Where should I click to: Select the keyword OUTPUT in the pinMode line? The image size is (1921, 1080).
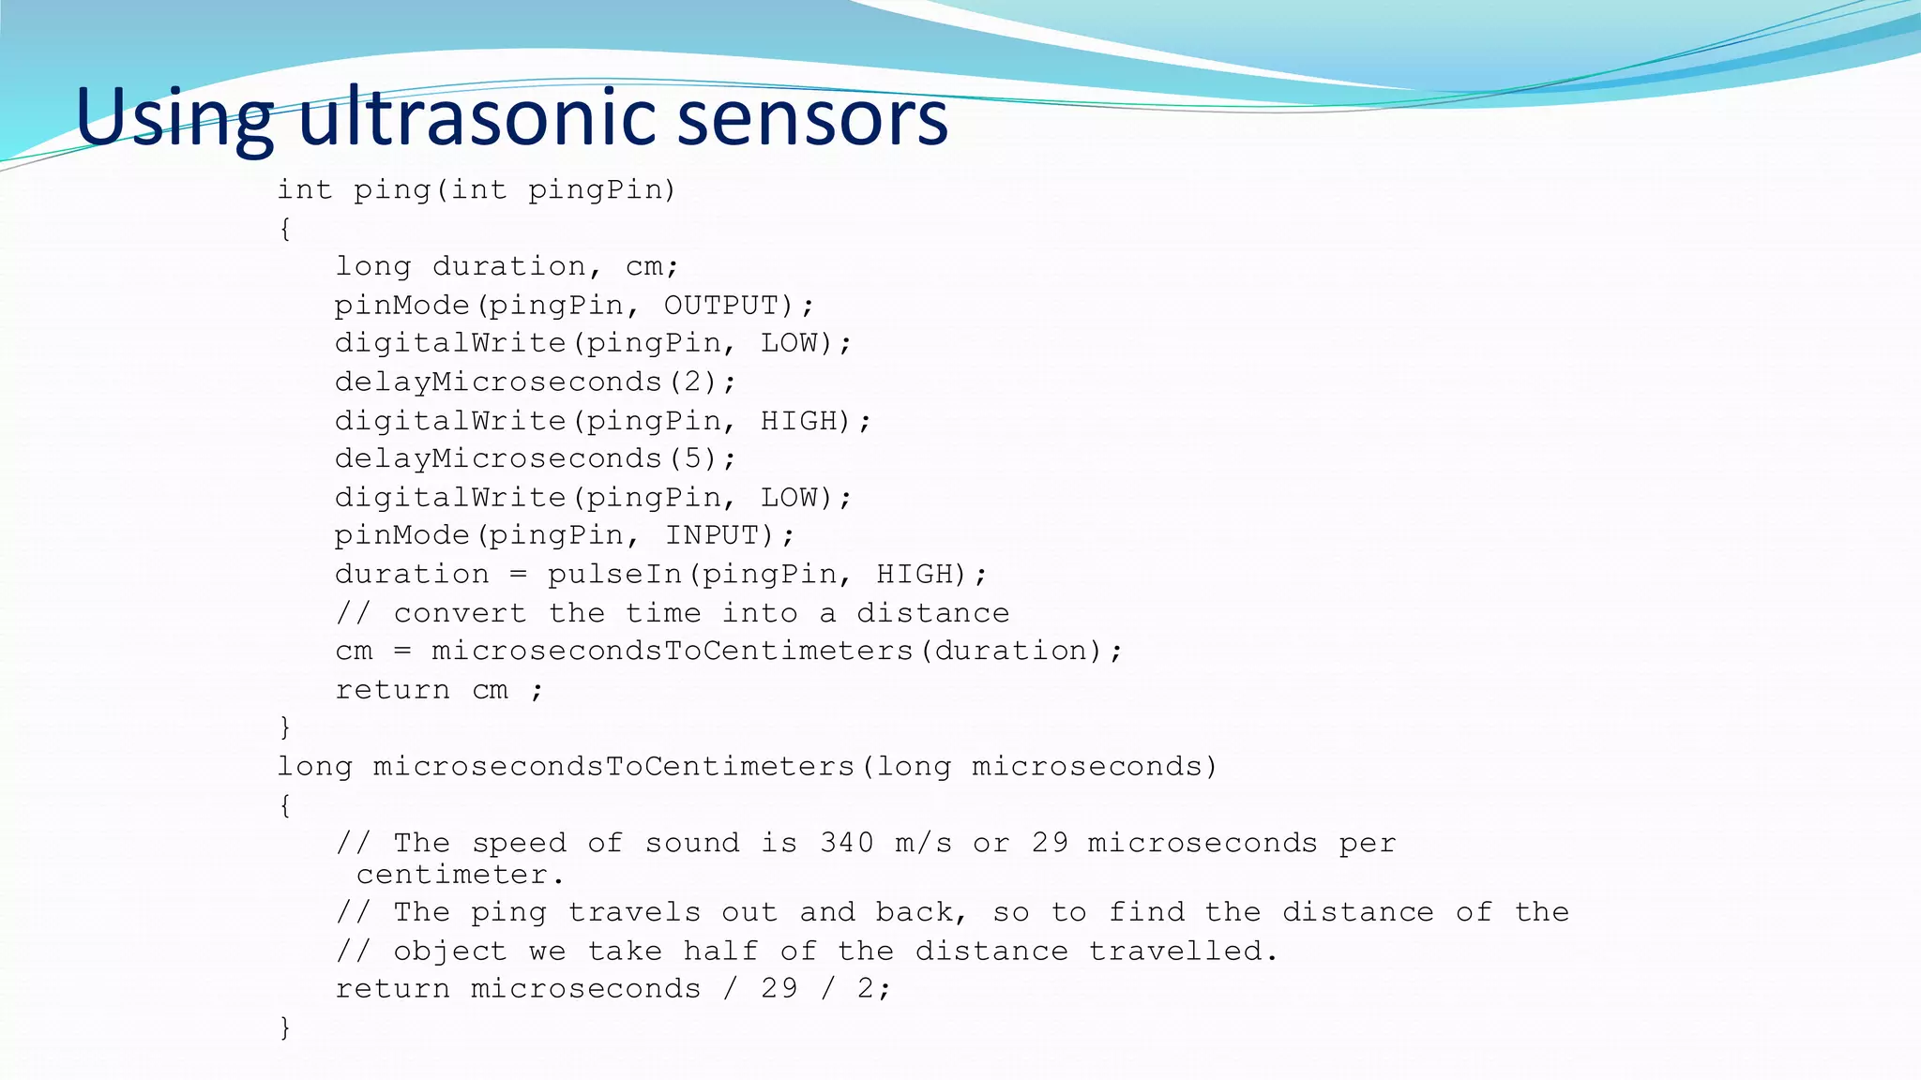(x=721, y=305)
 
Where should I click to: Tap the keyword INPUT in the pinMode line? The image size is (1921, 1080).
(x=712, y=534)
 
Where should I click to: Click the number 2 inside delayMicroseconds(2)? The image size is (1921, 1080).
(x=692, y=382)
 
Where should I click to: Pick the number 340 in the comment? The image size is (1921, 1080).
(x=846, y=842)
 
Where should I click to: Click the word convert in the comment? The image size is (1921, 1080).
(x=460, y=612)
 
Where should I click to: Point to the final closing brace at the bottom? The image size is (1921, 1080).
(x=285, y=1027)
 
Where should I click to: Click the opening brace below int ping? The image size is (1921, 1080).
(x=285, y=228)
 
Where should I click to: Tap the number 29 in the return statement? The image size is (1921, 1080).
(x=779, y=988)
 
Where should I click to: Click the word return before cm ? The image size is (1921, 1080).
(x=392, y=689)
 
